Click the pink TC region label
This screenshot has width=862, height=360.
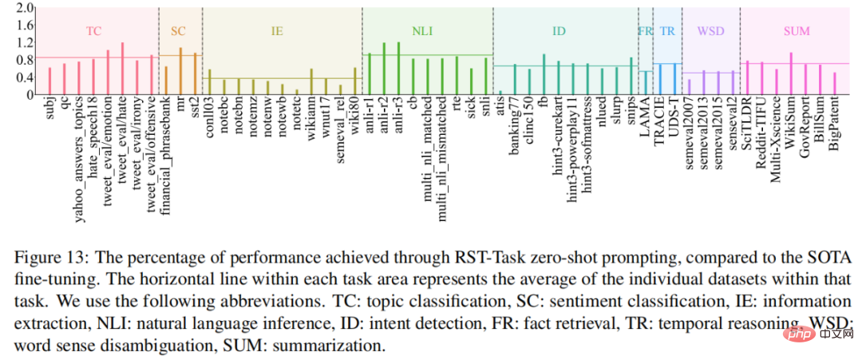tap(93, 31)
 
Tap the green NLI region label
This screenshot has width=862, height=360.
tap(422, 31)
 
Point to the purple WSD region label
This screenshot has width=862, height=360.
tap(710, 31)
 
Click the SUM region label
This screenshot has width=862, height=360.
tap(797, 31)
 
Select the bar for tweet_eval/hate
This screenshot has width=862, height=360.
tap(122, 69)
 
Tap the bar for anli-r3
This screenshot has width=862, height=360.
tap(397, 69)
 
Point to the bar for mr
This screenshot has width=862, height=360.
tap(180, 71)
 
